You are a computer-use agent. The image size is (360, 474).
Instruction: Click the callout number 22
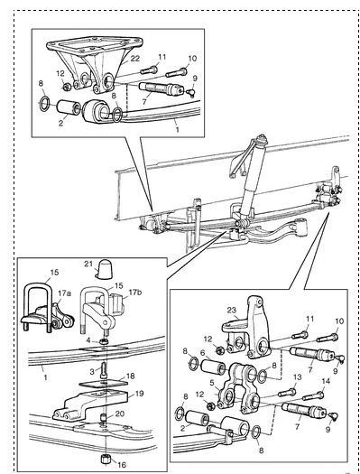click(135, 59)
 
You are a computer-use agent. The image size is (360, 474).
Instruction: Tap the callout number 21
click(88, 265)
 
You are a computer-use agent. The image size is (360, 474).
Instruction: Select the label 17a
click(65, 293)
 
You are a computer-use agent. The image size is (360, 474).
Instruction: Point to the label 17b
click(135, 293)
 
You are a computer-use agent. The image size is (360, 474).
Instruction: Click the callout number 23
click(232, 311)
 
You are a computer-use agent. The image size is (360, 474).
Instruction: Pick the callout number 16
click(122, 465)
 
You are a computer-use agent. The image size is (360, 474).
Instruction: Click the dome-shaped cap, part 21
click(104, 268)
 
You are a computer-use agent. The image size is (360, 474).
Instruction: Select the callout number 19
click(140, 394)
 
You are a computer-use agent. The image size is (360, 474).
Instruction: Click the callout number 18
click(131, 376)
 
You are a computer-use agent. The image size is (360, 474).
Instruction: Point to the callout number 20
click(120, 414)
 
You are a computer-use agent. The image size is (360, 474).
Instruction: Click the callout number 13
click(298, 377)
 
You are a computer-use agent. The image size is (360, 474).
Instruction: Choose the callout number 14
click(326, 381)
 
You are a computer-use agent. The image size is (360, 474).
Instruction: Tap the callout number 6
click(203, 353)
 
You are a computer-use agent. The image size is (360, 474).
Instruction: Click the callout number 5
click(212, 383)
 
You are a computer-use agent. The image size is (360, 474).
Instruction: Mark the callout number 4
click(88, 340)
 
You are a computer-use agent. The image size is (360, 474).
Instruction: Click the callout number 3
click(92, 371)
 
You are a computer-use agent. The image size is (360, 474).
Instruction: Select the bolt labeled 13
click(287, 393)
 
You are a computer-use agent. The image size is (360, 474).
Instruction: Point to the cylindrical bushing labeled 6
click(213, 367)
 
